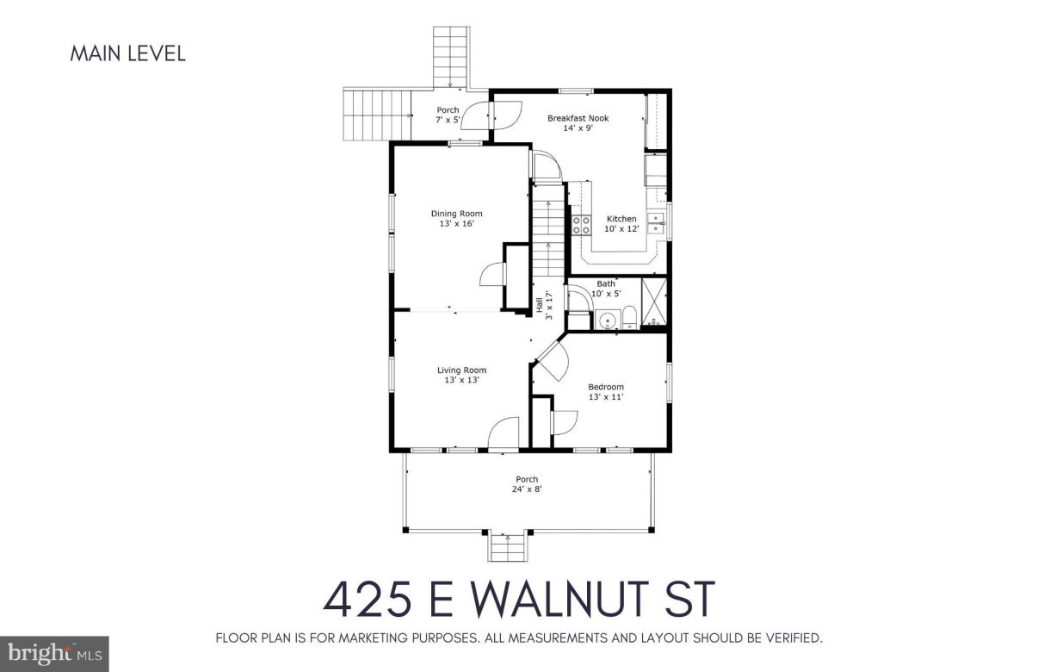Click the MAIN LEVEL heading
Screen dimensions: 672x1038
(127, 53)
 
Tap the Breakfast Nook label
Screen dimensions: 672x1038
(578, 118)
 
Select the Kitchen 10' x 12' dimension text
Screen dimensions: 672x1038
(621, 229)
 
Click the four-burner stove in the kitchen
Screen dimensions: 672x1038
(582, 226)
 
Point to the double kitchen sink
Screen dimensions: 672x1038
(656, 222)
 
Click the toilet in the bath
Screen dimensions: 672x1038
(629, 317)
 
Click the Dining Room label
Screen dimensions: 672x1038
(456, 214)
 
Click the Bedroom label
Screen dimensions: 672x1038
(605, 387)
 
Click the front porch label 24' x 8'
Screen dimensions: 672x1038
(527, 489)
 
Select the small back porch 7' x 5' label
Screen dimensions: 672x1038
(448, 120)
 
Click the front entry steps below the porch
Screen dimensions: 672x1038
(508, 546)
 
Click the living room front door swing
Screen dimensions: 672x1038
(504, 433)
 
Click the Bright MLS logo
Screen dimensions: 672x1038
(53, 654)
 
